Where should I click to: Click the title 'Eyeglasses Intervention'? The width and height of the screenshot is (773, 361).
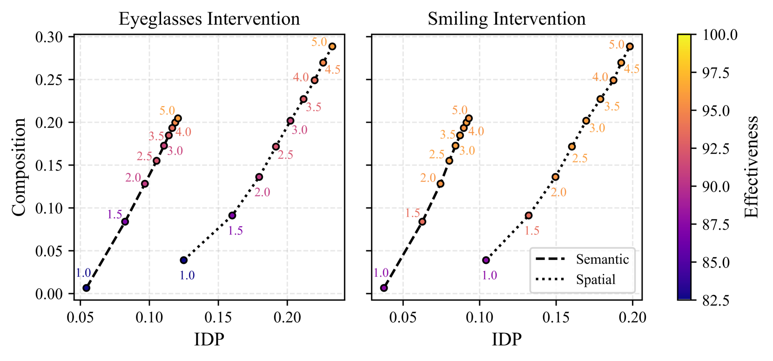tap(209, 19)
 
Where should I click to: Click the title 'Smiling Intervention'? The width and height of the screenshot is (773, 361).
tap(506, 19)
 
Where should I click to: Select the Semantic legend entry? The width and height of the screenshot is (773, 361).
tap(602, 259)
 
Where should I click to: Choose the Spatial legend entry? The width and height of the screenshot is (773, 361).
tap(596, 280)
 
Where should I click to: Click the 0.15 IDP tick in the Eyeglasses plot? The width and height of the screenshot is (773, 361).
tap(218, 317)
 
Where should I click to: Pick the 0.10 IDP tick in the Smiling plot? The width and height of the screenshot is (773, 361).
tap(479, 317)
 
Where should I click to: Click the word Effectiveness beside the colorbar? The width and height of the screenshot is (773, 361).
tap(751, 167)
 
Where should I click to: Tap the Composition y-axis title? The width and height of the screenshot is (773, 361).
tap(19, 167)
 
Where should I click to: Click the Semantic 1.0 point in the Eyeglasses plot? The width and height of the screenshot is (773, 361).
tap(86, 288)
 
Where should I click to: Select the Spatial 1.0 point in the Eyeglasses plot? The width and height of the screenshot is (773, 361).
tap(184, 260)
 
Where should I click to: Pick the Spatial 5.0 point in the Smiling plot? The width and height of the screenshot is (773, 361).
tap(630, 47)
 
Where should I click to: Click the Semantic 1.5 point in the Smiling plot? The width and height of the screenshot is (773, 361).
tap(422, 222)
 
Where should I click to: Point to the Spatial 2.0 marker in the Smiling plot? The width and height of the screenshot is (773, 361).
tap(555, 177)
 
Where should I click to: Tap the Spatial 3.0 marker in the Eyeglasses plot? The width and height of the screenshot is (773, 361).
tap(290, 121)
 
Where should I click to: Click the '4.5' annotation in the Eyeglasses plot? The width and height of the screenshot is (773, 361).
tap(332, 70)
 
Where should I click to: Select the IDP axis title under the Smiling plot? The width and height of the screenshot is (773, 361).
tap(506, 339)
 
